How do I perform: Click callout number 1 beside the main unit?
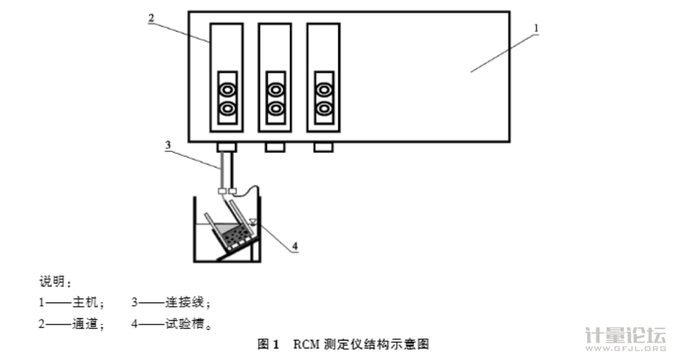536,28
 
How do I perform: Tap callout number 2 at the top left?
151,17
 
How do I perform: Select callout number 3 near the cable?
167,144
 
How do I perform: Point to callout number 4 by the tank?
294,246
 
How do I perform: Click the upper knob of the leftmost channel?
226,89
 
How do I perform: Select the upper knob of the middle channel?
275,89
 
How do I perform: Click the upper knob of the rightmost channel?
324,89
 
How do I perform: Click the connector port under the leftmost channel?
226,147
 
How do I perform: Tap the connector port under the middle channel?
275,147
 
